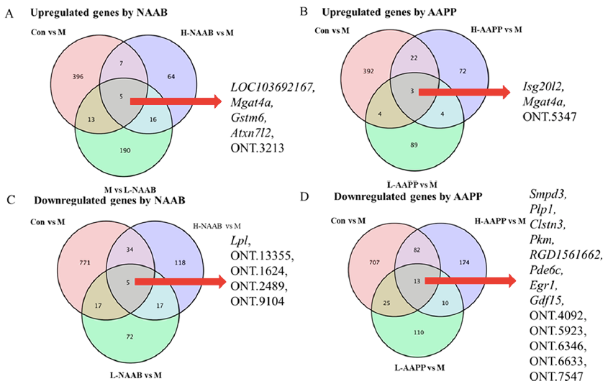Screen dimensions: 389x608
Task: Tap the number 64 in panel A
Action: coord(171,75)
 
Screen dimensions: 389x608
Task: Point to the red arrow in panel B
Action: coord(461,92)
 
